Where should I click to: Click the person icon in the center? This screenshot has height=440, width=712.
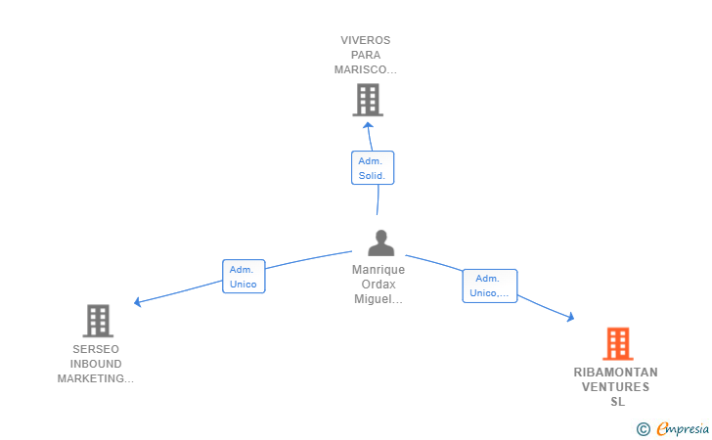pos(381,242)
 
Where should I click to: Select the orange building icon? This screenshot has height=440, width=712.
pos(618,344)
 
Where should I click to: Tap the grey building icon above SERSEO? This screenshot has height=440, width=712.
pos(98,321)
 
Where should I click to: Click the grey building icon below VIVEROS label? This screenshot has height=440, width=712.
pos(368,100)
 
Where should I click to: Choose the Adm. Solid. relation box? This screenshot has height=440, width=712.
pos(373,168)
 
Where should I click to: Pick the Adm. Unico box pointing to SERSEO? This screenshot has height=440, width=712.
pos(244,277)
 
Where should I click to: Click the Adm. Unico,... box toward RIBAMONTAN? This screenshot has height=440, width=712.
pos(489,286)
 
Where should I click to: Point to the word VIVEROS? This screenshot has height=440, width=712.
pos(366,40)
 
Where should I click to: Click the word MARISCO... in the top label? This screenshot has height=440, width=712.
pos(366,70)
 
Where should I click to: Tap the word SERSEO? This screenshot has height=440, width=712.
pos(96,349)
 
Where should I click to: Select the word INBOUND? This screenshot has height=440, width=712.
pos(96,364)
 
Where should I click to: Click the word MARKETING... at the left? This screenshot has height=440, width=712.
pos(96,378)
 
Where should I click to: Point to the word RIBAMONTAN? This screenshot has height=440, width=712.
pos(616,373)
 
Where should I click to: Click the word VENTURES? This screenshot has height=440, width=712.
pos(616,387)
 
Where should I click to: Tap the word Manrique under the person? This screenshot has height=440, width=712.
pos(378,270)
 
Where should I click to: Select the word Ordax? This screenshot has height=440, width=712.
pos(378,285)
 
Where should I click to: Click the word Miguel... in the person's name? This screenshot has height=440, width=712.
pos(378,299)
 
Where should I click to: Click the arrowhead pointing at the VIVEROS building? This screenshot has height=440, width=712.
pos(369,125)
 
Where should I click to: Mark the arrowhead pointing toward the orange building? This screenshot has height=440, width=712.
pos(571,317)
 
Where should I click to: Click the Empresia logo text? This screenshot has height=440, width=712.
pos(683,428)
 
